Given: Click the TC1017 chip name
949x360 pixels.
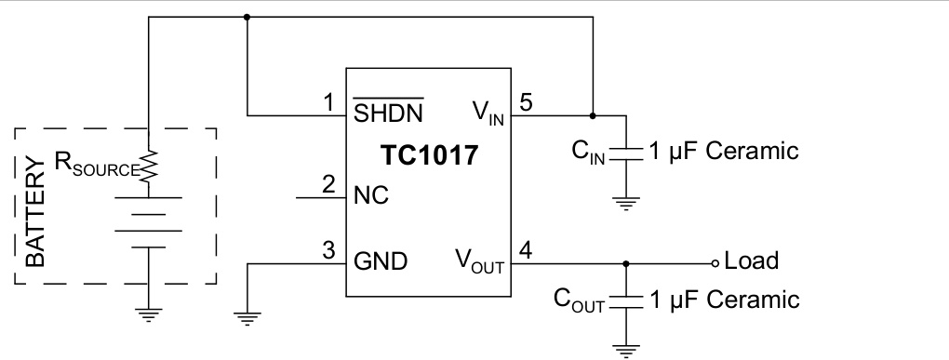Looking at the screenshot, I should pos(428,155).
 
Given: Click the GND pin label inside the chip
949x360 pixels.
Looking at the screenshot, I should pos(380,261).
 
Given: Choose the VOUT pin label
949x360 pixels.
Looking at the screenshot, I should pos(479,260).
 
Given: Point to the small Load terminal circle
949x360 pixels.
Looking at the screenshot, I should pos(715,262).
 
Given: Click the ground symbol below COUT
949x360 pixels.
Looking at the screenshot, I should pos(626,350).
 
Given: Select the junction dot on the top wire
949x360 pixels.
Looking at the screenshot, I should pos(247,17).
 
